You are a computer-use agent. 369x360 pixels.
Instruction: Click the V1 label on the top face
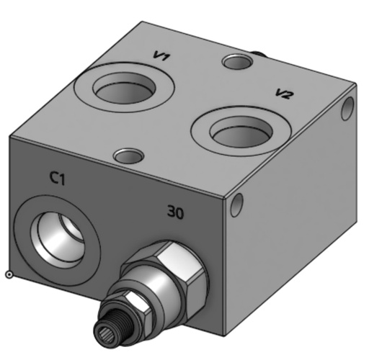coord(161,56)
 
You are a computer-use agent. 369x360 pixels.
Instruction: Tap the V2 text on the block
coord(285,94)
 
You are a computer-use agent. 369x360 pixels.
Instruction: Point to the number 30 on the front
coord(175,212)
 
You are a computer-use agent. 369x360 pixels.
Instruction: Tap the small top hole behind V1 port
coord(236,63)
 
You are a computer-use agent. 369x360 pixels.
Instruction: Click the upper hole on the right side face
coord(347,107)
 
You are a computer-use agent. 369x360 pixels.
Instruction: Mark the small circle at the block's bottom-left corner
coord(9,274)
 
